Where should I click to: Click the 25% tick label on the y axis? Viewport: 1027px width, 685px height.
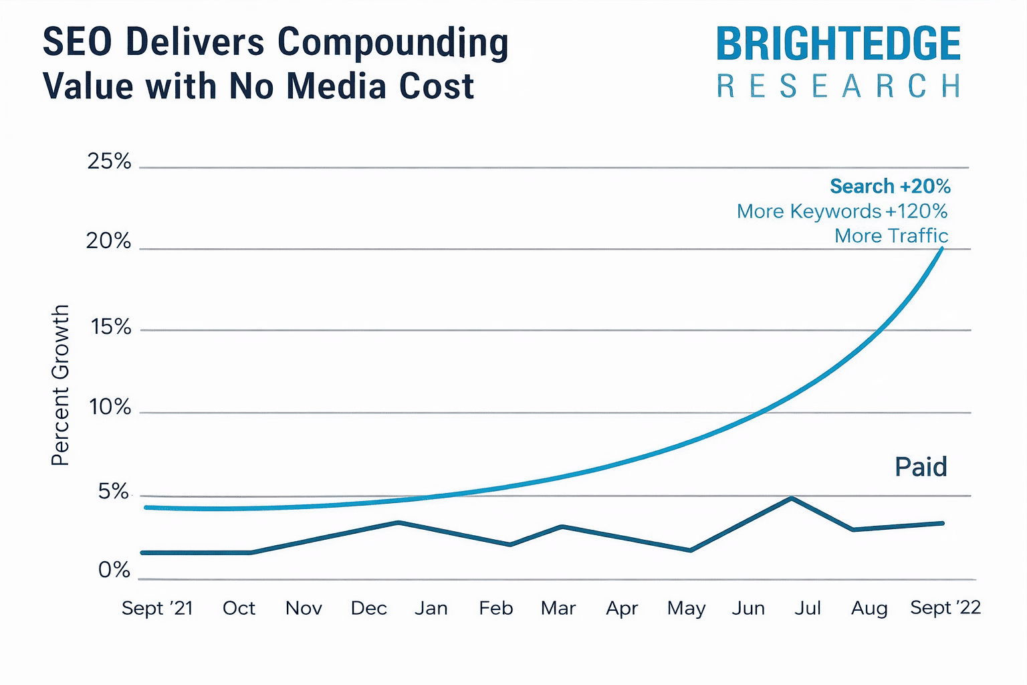[x=109, y=161]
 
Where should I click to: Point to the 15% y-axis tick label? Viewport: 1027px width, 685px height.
[x=110, y=327]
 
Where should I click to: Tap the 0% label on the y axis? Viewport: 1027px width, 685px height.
[x=114, y=570]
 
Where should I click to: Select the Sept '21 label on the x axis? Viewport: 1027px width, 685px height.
[x=157, y=608]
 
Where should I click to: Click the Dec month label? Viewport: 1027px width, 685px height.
[x=368, y=608]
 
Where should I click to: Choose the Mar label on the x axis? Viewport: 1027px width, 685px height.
[x=558, y=608]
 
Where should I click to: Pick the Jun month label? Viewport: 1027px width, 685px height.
[x=748, y=608]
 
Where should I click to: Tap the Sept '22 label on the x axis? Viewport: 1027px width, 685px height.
[x=945, y=607]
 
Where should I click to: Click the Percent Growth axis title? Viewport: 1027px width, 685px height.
[x=60, y=385]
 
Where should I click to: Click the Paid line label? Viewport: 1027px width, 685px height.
[x=921, y=467]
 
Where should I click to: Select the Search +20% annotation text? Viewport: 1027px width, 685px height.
[x=890, y=186]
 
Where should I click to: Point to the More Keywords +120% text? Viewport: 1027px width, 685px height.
[x=842, y=211]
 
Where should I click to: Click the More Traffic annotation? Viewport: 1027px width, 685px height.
[x=891, y=236]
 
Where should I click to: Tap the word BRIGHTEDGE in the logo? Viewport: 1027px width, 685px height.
[x=838, y=44]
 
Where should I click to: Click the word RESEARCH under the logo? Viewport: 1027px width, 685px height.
[x=838, y=87]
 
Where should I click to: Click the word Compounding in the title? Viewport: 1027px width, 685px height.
[x=392, y=43]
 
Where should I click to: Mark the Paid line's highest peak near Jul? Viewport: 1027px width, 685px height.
[x=792, y=498]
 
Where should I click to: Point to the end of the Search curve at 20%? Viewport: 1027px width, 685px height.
[x=942, y=249]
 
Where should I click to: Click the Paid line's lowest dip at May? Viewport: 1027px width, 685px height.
[x=690, y=551]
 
